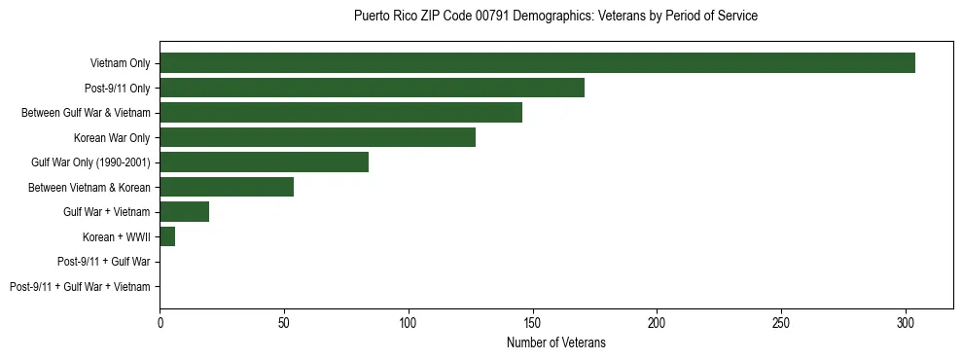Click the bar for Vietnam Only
pos(537,63)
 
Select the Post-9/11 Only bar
pos(372,88)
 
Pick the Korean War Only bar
pos(317,137)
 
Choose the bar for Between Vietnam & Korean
pos(227,187)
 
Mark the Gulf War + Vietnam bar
pos(184,212)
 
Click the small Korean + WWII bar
pos(167,236)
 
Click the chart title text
pos(555,17)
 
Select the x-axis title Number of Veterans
pos(555,342)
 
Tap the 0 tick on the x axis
pos(160,322)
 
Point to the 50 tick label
pos(284,322)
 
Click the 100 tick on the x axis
pos(409,322)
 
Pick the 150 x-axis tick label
pos(532,322)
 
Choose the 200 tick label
pos(657,322)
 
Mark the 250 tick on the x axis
pos(781,322)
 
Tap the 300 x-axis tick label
pos(906,322)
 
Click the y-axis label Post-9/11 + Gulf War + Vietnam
pos(80,287)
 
